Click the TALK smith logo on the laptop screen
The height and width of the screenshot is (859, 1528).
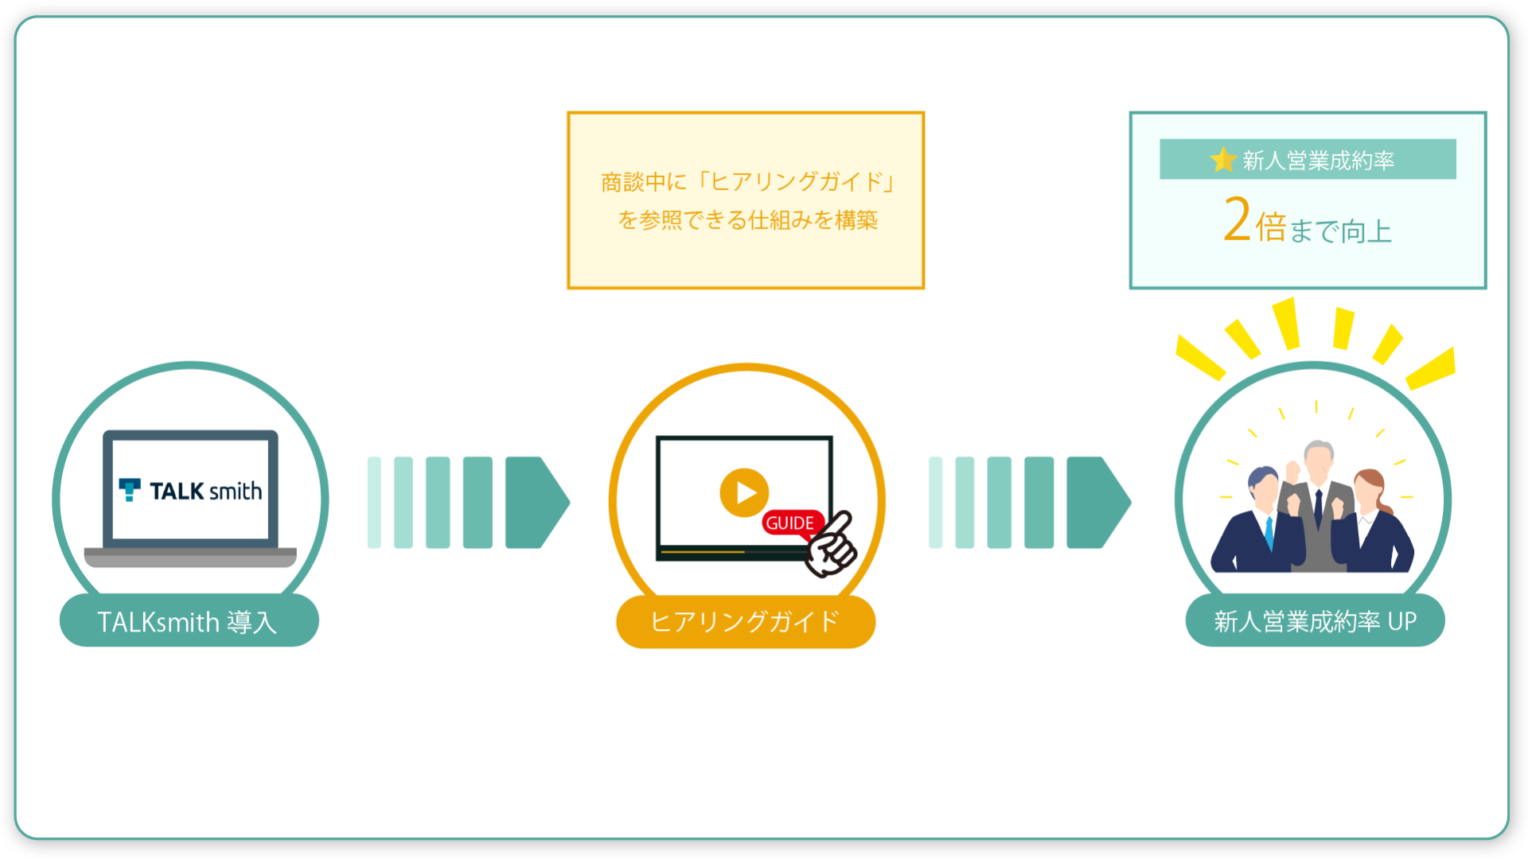pyautogui.click(x=190, y=491)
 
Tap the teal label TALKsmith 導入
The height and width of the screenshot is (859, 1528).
pyautogui.click(x=189, y=620)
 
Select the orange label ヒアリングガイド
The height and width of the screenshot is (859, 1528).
pyautogui.click(x=746, y=621)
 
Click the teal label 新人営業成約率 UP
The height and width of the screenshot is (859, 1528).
pyautogui.click(x=1315, y=620)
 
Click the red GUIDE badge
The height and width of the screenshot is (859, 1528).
pyautogui.click(x=791, y=523)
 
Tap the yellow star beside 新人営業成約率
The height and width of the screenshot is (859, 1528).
pyautogui.click(x=1223, y=160)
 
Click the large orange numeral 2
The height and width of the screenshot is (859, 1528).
pyautogui.click(x=1238, y=219)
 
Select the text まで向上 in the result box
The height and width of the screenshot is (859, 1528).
pyautogui.click(x=1340, y=231)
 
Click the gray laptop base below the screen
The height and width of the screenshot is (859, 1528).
pyautogui.click(x=190, y=557)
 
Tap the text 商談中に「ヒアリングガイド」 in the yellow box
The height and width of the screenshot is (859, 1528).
pyautogui.click(x=747, y=182)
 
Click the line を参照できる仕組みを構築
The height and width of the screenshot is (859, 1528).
pyautogui.click(x=747, y=220)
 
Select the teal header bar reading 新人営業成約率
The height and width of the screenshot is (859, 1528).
pyautogui.click(x=1308, y=159)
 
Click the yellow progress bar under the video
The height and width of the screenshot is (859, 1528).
pyautogui.click(x=702, y=551)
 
